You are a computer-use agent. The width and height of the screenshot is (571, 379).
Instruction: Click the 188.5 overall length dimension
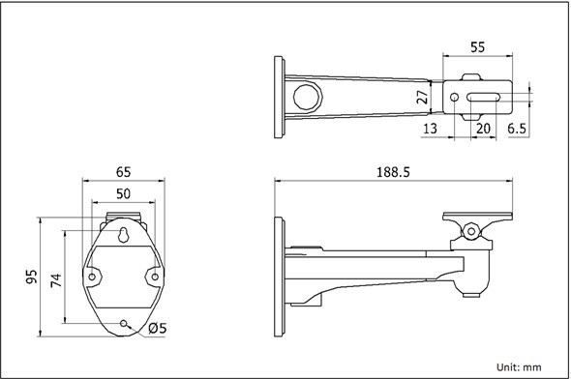point(393,172)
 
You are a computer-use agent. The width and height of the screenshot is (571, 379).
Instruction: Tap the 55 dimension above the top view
point(478,47)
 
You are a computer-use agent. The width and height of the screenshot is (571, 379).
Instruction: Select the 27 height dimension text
point(422,97)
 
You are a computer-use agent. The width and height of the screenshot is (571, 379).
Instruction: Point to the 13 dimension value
point(430,129)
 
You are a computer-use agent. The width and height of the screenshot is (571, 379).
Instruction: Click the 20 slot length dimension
point(483,129)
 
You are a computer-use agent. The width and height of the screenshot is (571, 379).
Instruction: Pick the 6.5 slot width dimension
point(517,129)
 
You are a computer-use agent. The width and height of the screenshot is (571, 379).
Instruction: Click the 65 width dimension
point(124,172)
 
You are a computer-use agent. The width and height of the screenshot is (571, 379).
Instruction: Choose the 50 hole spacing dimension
point(124,194)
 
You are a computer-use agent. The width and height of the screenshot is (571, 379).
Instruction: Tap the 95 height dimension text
point(32,277)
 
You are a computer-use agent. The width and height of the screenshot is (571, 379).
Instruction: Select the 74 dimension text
point(56,280)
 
